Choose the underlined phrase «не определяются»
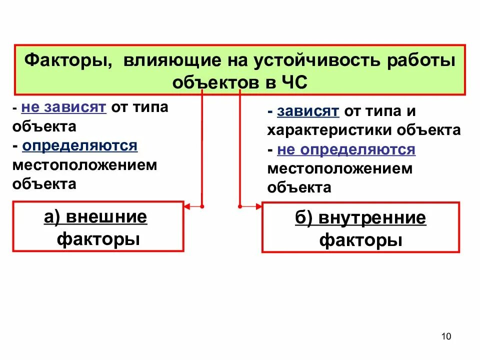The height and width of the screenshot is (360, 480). tap(345, 149)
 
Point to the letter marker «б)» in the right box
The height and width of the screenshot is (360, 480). tap(304, 218)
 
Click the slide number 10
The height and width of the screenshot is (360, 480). tap(446, 336)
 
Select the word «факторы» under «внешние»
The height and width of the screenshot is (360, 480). tap(98, 238)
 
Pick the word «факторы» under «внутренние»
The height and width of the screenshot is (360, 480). tap(360, 240)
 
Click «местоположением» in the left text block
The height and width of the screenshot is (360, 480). tap(85, 165)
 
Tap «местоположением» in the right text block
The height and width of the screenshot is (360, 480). tap(340, 168)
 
